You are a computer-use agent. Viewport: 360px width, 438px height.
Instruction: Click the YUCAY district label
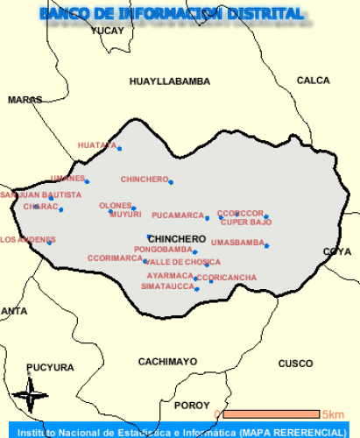(x=108, y=31)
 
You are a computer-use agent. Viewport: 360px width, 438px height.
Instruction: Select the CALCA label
(x=314, y=80)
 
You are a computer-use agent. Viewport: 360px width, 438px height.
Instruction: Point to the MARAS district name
(x=25, y=100)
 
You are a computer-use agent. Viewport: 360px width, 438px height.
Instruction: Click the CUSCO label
(x=295, y=364)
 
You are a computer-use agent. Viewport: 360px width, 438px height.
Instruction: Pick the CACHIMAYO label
(x=168, y=361)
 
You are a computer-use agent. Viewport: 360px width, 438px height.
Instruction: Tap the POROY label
(x=193, y=406)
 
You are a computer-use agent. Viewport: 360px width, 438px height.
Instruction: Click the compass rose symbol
(x=32, y=395)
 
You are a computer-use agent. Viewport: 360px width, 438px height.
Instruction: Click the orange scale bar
(x=270, y=413)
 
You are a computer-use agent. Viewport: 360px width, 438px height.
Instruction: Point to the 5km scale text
(x=332, y=414)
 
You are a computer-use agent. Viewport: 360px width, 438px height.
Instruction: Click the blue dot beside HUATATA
(x=119, y=148)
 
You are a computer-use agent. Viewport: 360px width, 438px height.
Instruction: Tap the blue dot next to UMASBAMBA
(x=266, y=245)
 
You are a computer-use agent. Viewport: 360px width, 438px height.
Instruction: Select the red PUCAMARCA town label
(x=177, y=215)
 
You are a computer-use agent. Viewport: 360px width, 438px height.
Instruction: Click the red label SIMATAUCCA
(x=168, y=286)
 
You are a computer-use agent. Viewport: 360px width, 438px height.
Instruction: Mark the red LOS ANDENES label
(x=27, y=239)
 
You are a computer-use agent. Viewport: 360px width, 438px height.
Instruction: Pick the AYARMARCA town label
(x=170, y=275)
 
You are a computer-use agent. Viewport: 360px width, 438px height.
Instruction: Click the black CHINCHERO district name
(x=177, y=238)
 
